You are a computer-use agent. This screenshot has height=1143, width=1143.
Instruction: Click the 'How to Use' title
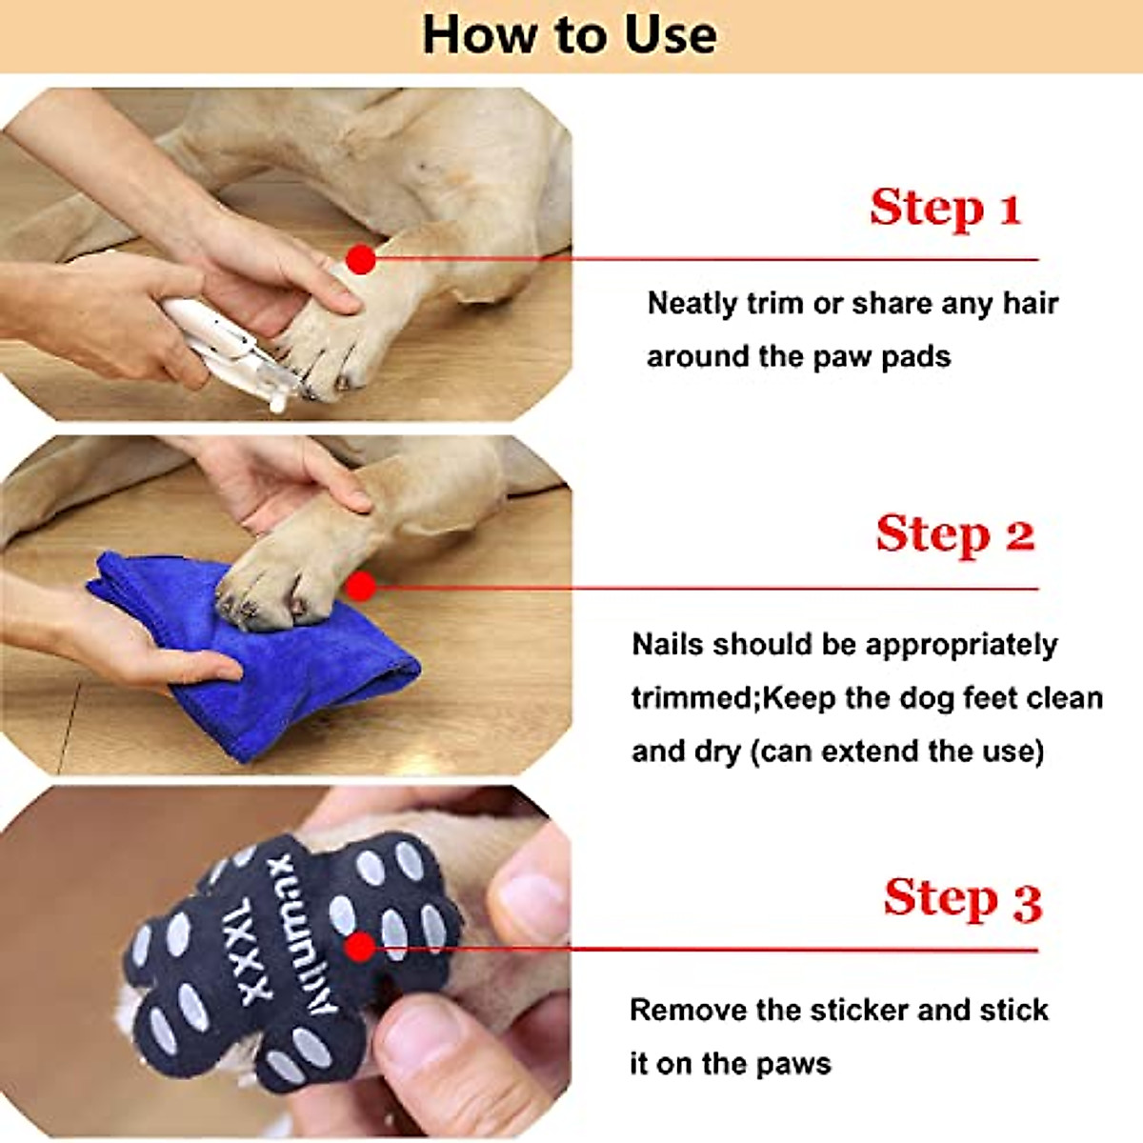(570, 36)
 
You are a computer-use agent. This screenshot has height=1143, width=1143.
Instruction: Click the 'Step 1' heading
(945, 207)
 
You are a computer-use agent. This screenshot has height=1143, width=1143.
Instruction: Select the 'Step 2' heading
(954, 533)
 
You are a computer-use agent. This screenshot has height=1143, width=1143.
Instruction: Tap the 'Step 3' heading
(962, 898)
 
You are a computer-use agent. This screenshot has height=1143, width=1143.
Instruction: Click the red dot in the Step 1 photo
(360, 258)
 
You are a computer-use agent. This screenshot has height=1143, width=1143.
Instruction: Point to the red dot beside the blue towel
(360, 587)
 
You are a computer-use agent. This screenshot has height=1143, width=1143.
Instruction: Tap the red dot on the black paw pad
(360, 947)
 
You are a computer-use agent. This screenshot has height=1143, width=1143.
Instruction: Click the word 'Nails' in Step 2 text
(668, 645)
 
